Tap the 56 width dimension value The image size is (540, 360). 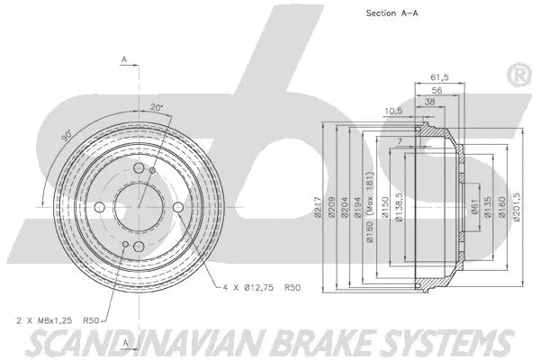[436, 91]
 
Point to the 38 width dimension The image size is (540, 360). [431, 103]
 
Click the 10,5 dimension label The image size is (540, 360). [392, 112]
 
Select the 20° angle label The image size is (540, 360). [157, 109]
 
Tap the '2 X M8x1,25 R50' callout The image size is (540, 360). [58, 319]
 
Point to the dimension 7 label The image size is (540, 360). [398, 143]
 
